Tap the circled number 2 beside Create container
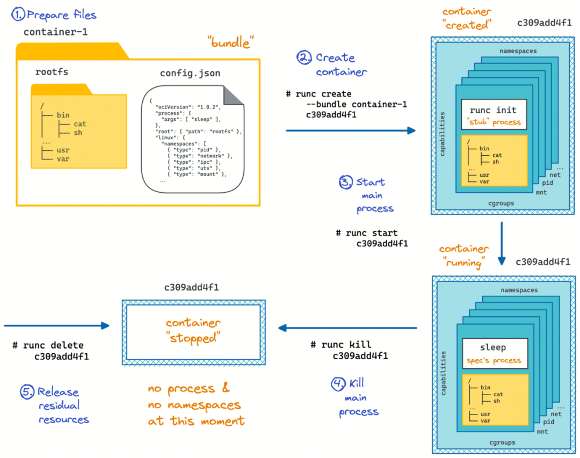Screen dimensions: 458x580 click(305, 57)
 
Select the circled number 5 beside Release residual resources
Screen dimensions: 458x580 click(27, 392)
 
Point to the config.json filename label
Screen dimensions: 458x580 click(190, 74)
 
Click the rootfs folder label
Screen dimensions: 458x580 click(52, 72)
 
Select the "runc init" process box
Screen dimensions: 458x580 click(492, 114)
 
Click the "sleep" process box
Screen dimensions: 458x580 click(492, 352)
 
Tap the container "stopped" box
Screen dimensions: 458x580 click(192, 331)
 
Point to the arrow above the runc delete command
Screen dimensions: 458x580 click(56, 325)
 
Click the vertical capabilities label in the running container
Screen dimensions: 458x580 click(443, 374)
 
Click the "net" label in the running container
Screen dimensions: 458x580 click(556, 414)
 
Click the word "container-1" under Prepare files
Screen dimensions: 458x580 click(55, 32)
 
